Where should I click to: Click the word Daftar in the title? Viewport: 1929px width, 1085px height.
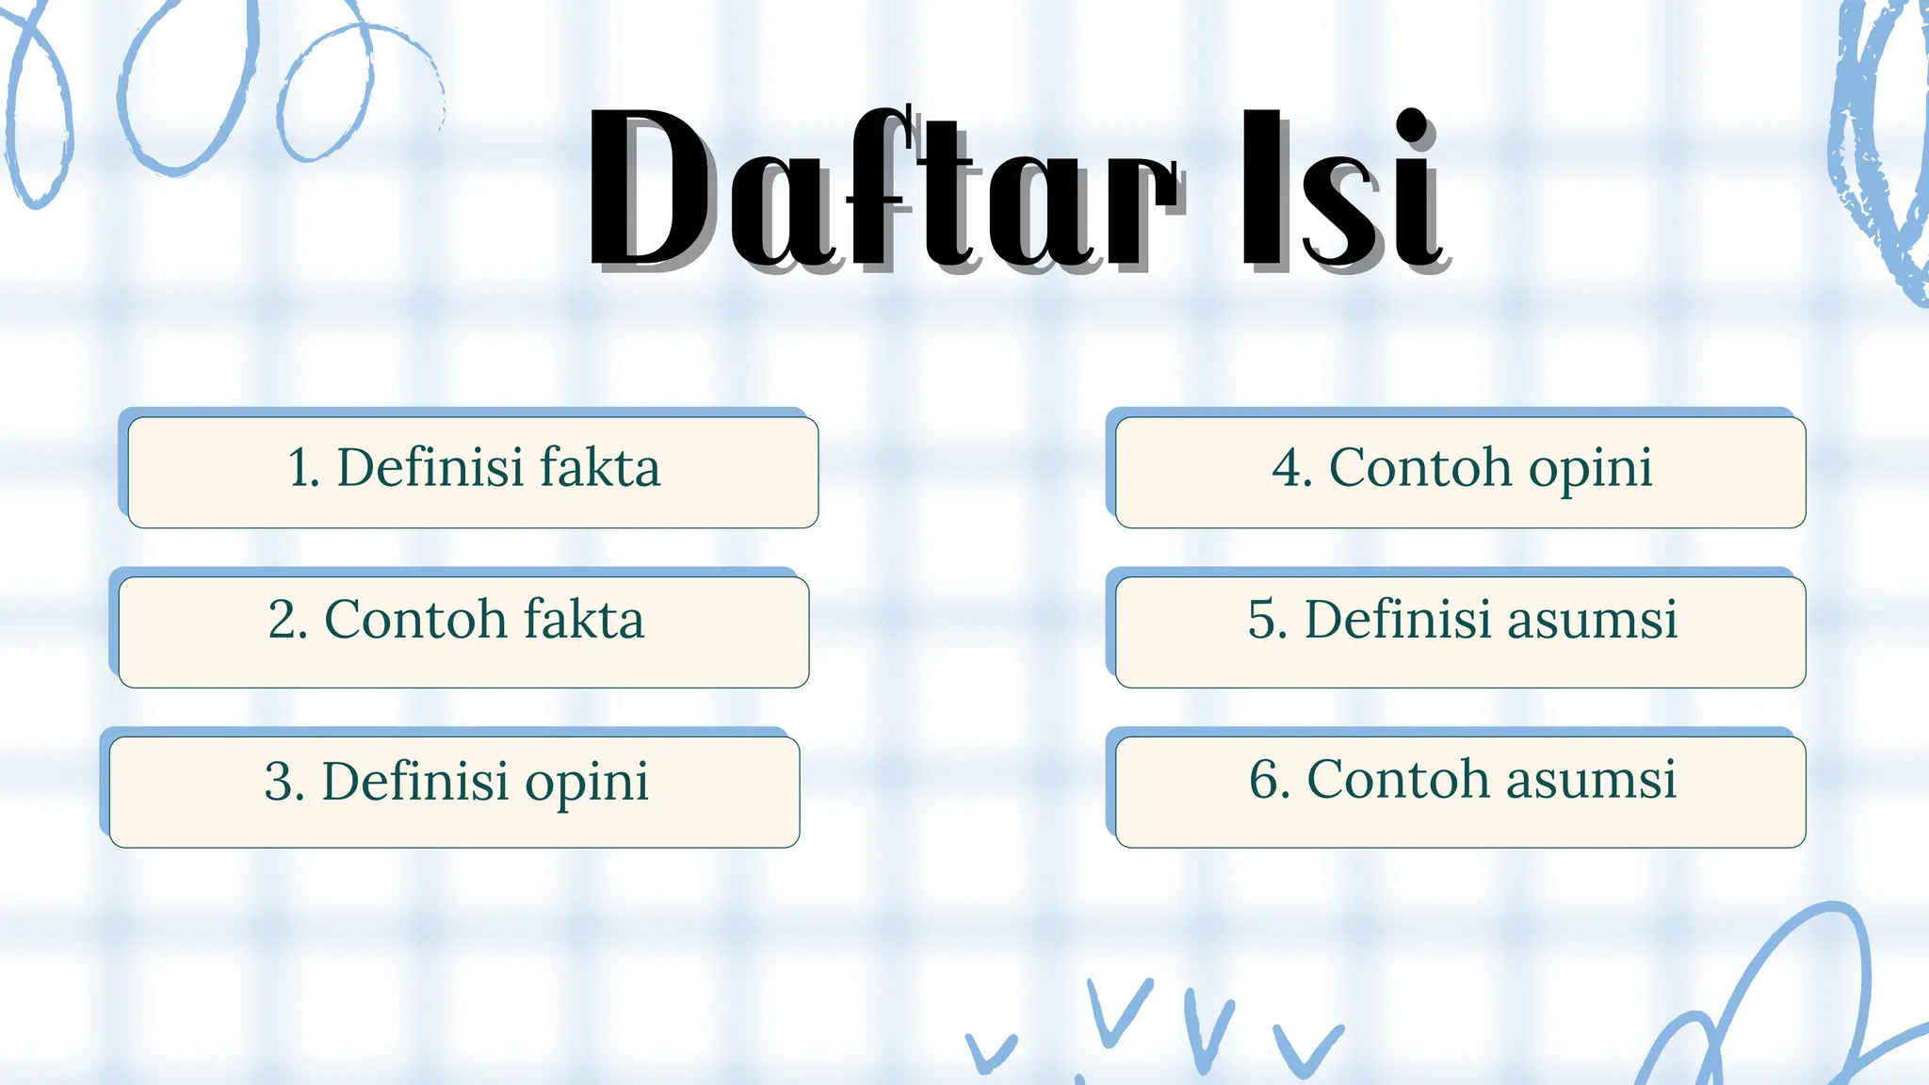point(881,188)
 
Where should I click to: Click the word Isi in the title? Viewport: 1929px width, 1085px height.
point(1337,188)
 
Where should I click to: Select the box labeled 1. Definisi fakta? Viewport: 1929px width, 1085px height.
point(473,472)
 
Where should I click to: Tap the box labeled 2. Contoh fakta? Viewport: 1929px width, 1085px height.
point(463,632)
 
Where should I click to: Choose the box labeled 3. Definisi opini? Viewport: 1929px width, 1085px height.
point(454,792)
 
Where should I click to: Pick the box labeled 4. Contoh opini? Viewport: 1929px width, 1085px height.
point(1460,472)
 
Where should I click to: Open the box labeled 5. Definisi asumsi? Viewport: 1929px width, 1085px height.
point(1460,632)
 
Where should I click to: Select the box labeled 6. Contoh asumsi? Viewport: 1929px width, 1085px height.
point(1460,792)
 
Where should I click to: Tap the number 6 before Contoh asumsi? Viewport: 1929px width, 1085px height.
point(1266,780)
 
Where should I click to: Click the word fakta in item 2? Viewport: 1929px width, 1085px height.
point(584,620)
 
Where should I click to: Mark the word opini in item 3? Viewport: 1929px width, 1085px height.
point(586,784)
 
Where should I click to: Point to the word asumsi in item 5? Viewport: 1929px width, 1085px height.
point(1593,620)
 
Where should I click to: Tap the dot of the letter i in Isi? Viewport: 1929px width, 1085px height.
point(1410,126)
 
